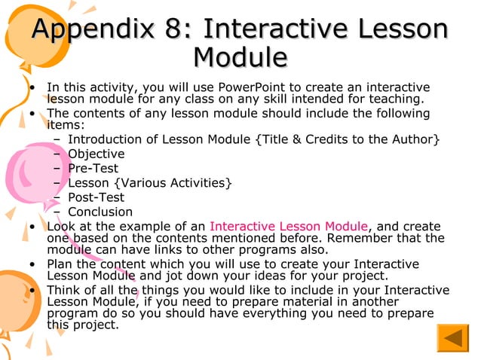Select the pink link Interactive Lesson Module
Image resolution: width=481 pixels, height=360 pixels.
pyautogui.click(x=289, y=226)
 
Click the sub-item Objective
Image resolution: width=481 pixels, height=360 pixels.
pyautogui.click(x=97, y=154)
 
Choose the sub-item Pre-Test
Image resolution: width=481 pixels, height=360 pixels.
pyautogui.click(x=93, y=169)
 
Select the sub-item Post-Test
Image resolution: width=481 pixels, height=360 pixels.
pyautogui.click(x=97, y=197)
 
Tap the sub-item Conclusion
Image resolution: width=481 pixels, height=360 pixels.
pyautogui.click(x=100, y=212)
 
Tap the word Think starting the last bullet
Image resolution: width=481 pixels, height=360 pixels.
pyautogui.click(x=62, y=290)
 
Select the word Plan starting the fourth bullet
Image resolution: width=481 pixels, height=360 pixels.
pyautogui.click(x=60, y=264)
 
